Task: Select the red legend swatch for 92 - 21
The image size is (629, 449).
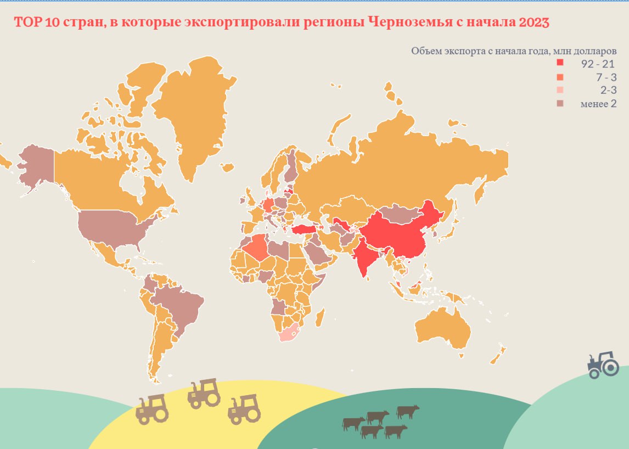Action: coord(560,64)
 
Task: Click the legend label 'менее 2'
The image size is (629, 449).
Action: coord(598,104)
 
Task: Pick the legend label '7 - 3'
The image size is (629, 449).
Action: coord(606,77)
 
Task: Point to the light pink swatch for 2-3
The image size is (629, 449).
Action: coord(560,91)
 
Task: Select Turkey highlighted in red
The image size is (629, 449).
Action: coord(305,229)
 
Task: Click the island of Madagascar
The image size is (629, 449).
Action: coord(320,318)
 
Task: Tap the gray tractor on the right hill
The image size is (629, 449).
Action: coord(603,364)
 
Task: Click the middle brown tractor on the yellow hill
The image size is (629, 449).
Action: coord(204,392)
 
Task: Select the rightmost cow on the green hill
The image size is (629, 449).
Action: coord(408,411)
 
